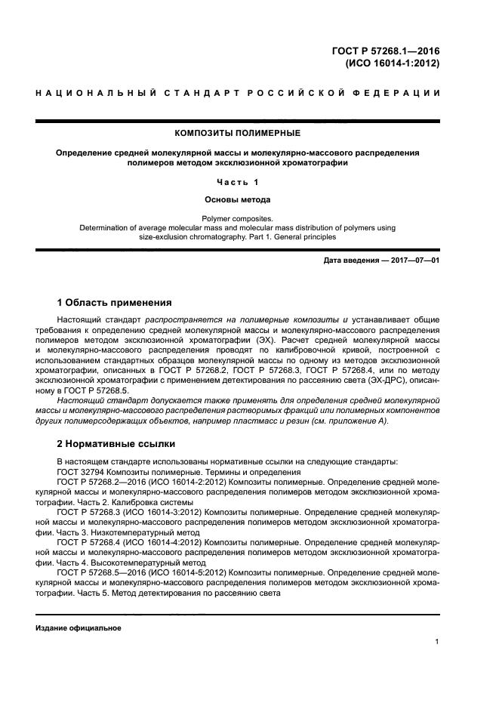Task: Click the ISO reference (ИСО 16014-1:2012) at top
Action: pyautogui.click(x=393, y=64)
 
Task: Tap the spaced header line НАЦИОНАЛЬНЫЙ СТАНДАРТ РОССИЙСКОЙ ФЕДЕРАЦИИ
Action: pyautogui.click(x=237, y=93)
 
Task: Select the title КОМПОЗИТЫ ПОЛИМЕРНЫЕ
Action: pyautogui.click(x=237, y=133)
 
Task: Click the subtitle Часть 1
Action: pyautogui.click(x=237, y=182)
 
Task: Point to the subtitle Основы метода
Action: pyautogui.click(x=237, y=200)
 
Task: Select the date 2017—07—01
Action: pyautogui.click(x=414, y=261)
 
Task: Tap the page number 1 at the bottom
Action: pyautogui.click(x=437, y=642)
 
